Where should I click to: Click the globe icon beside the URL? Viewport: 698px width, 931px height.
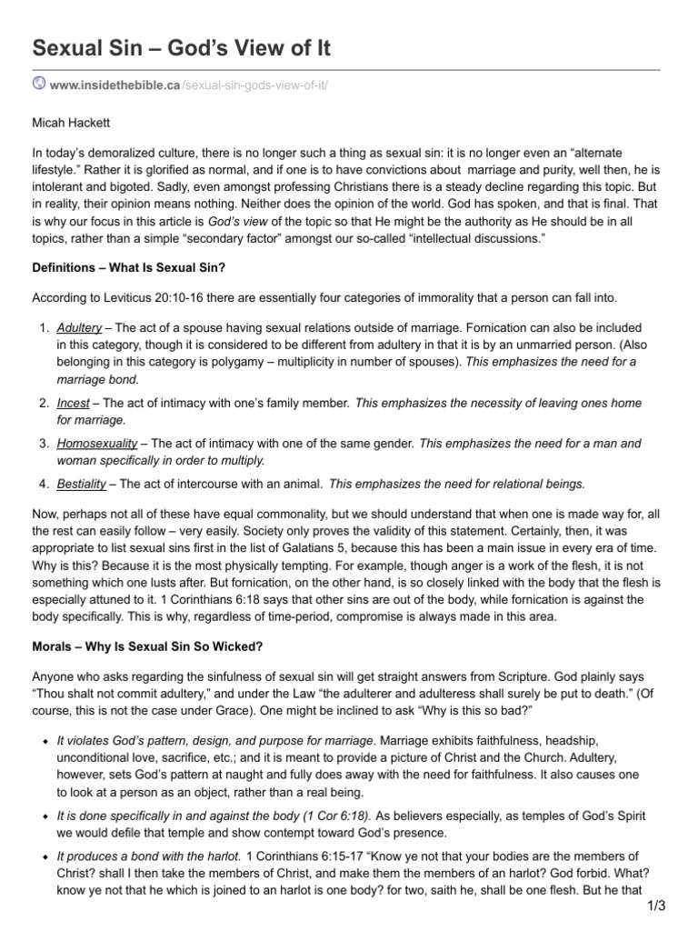[40, 84]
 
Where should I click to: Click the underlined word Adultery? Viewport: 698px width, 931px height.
[79, 327]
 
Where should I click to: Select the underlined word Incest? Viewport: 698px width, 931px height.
[73, 403]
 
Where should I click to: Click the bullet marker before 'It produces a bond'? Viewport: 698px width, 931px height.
[45, 856]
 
